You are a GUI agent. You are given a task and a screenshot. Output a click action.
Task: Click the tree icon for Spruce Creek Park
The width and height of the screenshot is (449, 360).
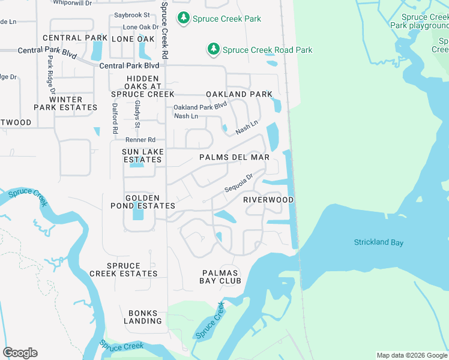tap(184, 19)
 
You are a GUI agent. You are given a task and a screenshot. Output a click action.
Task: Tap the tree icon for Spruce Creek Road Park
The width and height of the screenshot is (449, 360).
tap(213, 50)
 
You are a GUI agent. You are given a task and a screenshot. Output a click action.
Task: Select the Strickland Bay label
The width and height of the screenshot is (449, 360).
tap(378, 242)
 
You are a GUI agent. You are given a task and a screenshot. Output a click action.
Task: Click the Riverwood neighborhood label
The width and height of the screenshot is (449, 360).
tap(268, 200)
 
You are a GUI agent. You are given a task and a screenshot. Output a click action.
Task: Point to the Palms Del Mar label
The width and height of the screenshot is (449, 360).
tap(234, 157)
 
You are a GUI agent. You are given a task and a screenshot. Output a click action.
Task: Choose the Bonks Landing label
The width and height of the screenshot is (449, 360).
tap(145, 317)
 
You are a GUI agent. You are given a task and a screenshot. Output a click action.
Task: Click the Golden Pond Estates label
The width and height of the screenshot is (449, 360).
tap(142, 202)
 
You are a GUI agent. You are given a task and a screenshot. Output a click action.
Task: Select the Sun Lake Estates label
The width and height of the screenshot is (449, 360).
tap(142, 156)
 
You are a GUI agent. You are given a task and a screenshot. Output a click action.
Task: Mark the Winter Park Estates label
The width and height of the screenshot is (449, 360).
tap(65, 104)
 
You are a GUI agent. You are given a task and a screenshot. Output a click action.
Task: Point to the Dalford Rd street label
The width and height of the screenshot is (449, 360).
tap(115, 117)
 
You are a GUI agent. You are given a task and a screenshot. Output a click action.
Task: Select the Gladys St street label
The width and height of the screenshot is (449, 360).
tap(137, 114)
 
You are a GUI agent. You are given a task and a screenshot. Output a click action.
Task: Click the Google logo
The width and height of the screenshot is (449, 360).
tap(20, 353)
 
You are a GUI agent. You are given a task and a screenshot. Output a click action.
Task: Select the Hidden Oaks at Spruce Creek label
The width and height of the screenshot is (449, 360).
tap(143, 86)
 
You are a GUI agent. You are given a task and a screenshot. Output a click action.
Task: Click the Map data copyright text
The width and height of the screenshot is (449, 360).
tap(412, 355)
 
